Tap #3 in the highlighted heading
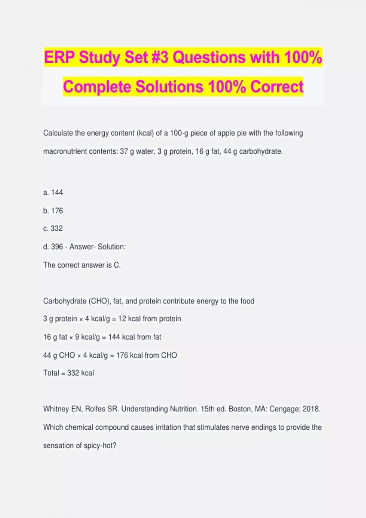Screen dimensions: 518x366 [x=160, y=57]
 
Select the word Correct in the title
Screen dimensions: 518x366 [x=277, y=87]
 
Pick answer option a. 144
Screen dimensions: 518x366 [x=53, y=193]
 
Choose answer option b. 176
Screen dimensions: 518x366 [x=53, y=211]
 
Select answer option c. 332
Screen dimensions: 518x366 [x=53, y=229]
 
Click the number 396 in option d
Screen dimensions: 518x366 [x=57, y=247]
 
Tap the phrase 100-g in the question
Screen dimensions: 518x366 [x=179, y=133]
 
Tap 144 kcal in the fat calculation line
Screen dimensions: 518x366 [x=121, y=337]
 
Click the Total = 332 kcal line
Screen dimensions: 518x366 [x=69, y=373]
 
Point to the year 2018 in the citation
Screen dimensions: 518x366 [x=311, y=409]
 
